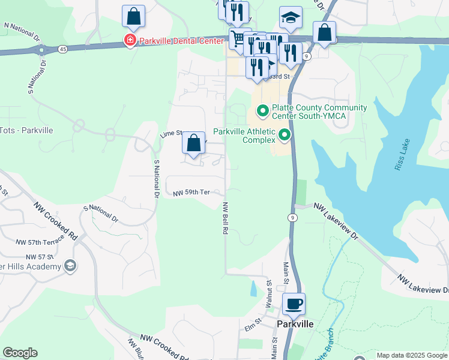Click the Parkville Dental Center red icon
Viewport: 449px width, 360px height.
coord(129,41)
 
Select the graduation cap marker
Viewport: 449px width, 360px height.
coord(291,17)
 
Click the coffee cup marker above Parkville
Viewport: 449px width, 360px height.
coord(294,304)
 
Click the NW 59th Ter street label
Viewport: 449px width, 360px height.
coord(191,193)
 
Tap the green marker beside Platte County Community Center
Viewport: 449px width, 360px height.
coord(262,111)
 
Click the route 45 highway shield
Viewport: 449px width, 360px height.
coord(63,49)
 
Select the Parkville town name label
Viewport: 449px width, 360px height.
coord(296,323)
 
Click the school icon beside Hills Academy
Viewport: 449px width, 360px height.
coord(70,266)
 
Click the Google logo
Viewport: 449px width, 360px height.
coord(20,353)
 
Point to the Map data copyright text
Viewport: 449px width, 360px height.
coord(411,355)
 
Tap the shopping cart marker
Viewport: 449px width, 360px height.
coord(238,40)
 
